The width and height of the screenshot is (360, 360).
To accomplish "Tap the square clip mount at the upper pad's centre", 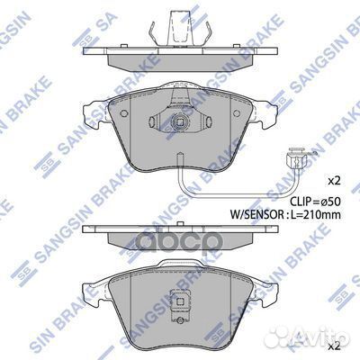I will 179,123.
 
